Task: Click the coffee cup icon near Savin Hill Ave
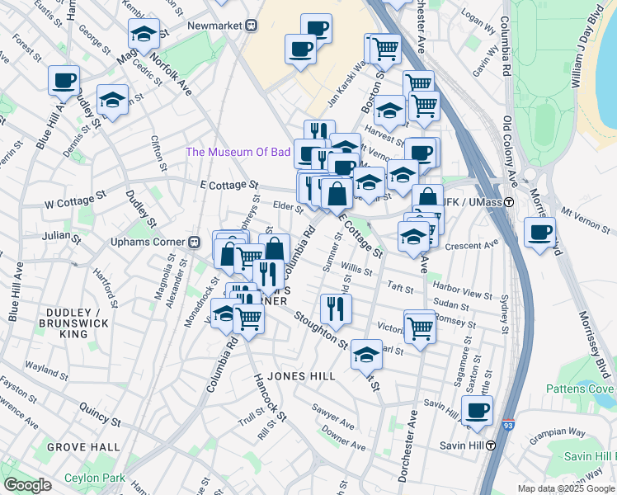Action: [x=476, y=410]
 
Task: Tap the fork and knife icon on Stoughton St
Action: [x=335, y=308]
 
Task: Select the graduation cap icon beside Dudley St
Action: [x=112, y=99]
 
